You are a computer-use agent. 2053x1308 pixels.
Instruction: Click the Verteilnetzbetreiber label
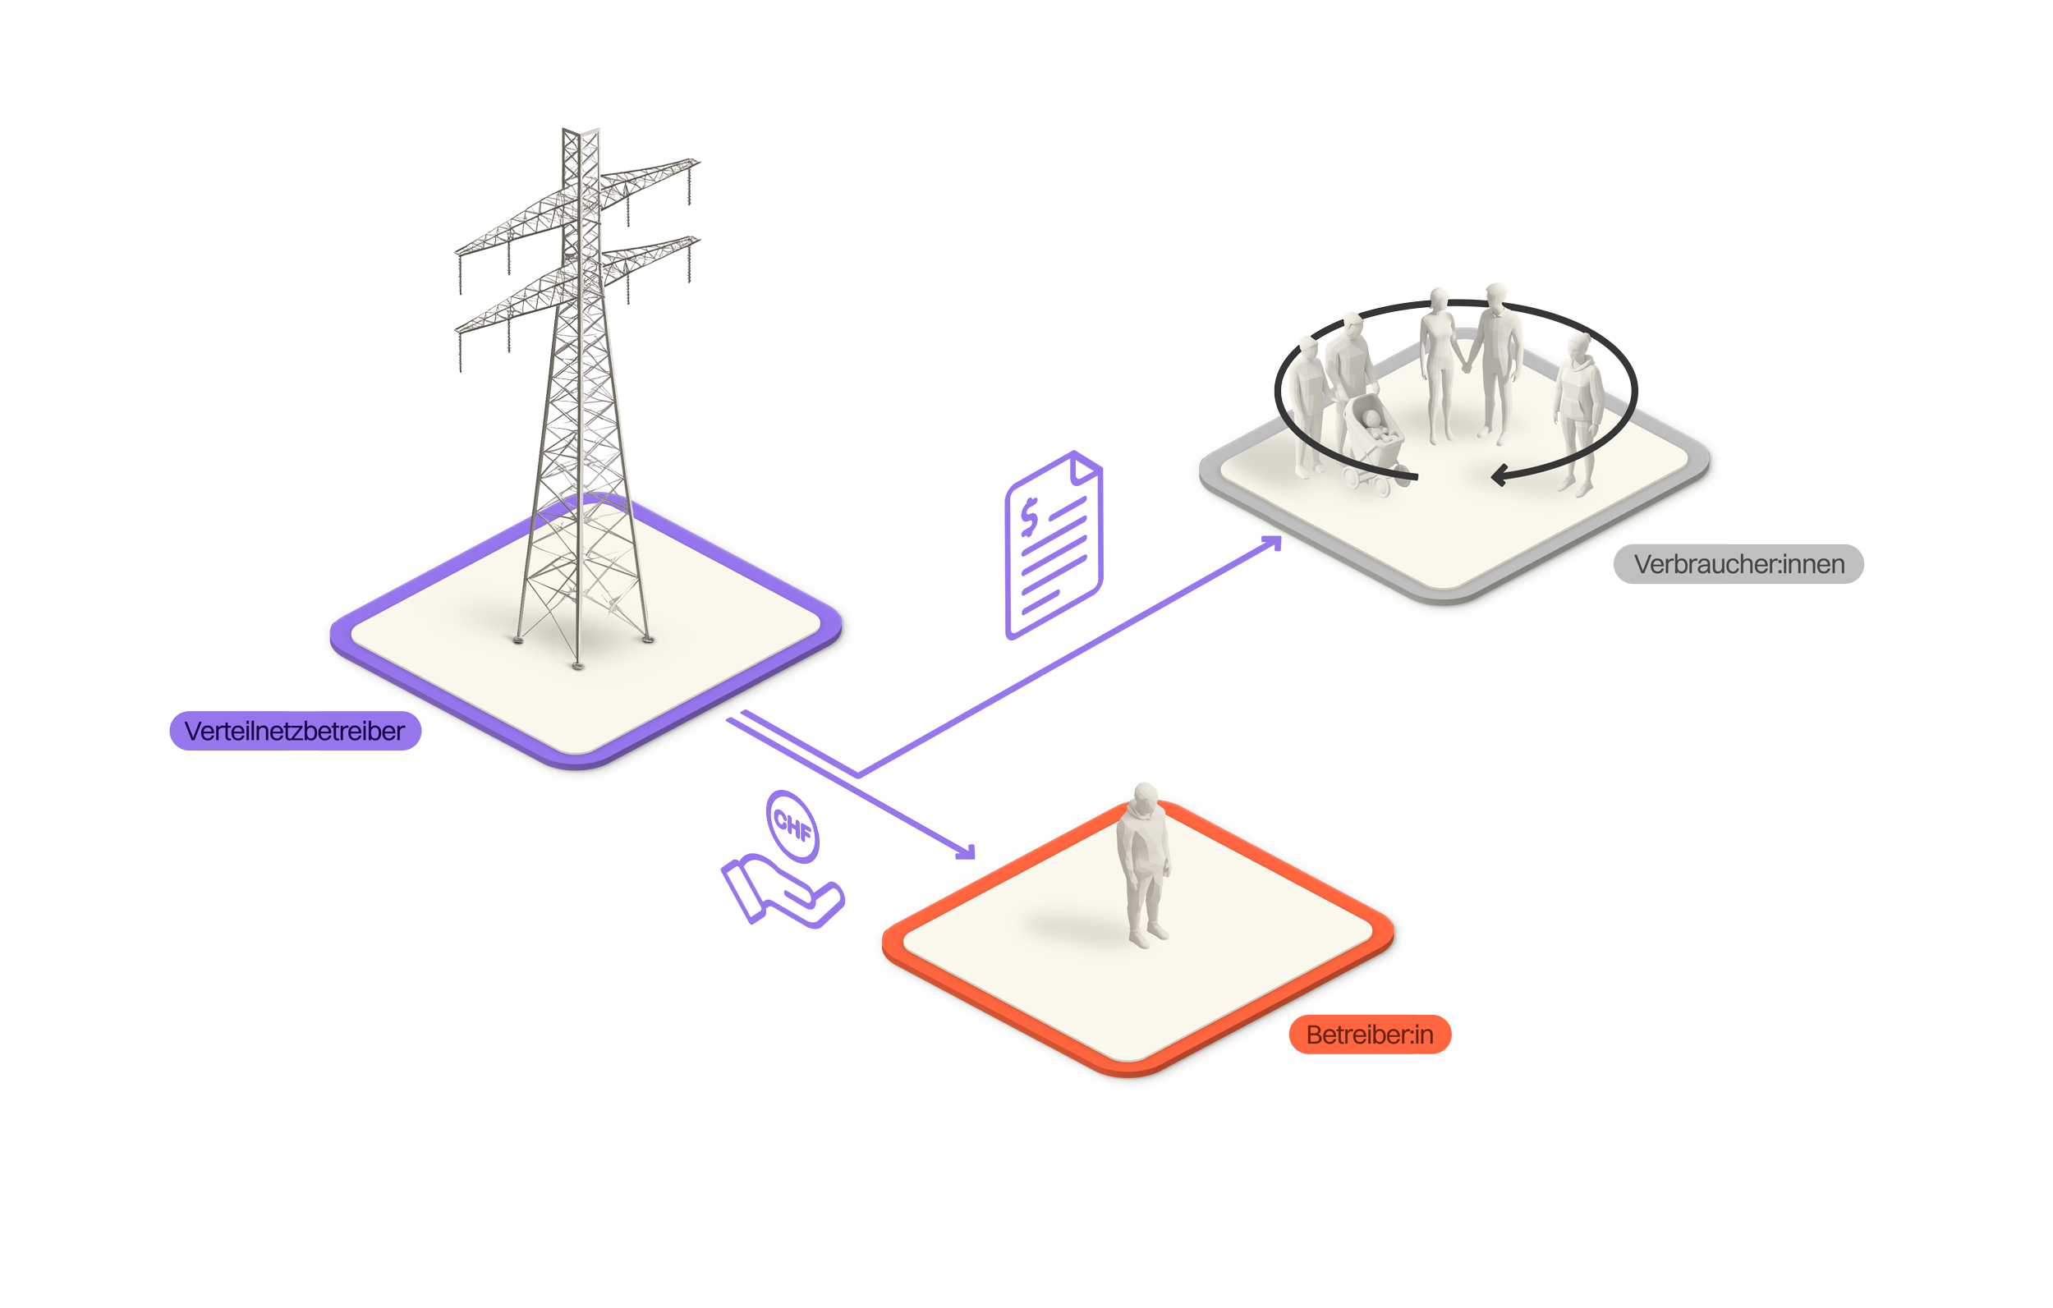[x=294, y=731]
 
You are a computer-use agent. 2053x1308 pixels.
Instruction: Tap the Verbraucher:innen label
[x=1738, y=563]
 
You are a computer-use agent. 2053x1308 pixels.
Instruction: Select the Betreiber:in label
[x=1369, y=1035]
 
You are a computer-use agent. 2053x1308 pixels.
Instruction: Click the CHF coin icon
[x=792, y=825]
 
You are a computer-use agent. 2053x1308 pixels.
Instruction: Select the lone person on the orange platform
[x=1143, y=865]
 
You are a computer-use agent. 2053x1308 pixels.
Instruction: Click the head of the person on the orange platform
[x=1145, y=798]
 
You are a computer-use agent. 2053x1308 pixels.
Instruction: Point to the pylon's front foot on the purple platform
[x=578, y=665]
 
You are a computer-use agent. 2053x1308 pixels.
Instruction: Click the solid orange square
[x=1582, y=1006]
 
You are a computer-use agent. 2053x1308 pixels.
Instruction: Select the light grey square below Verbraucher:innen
[x=1869, y=718]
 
